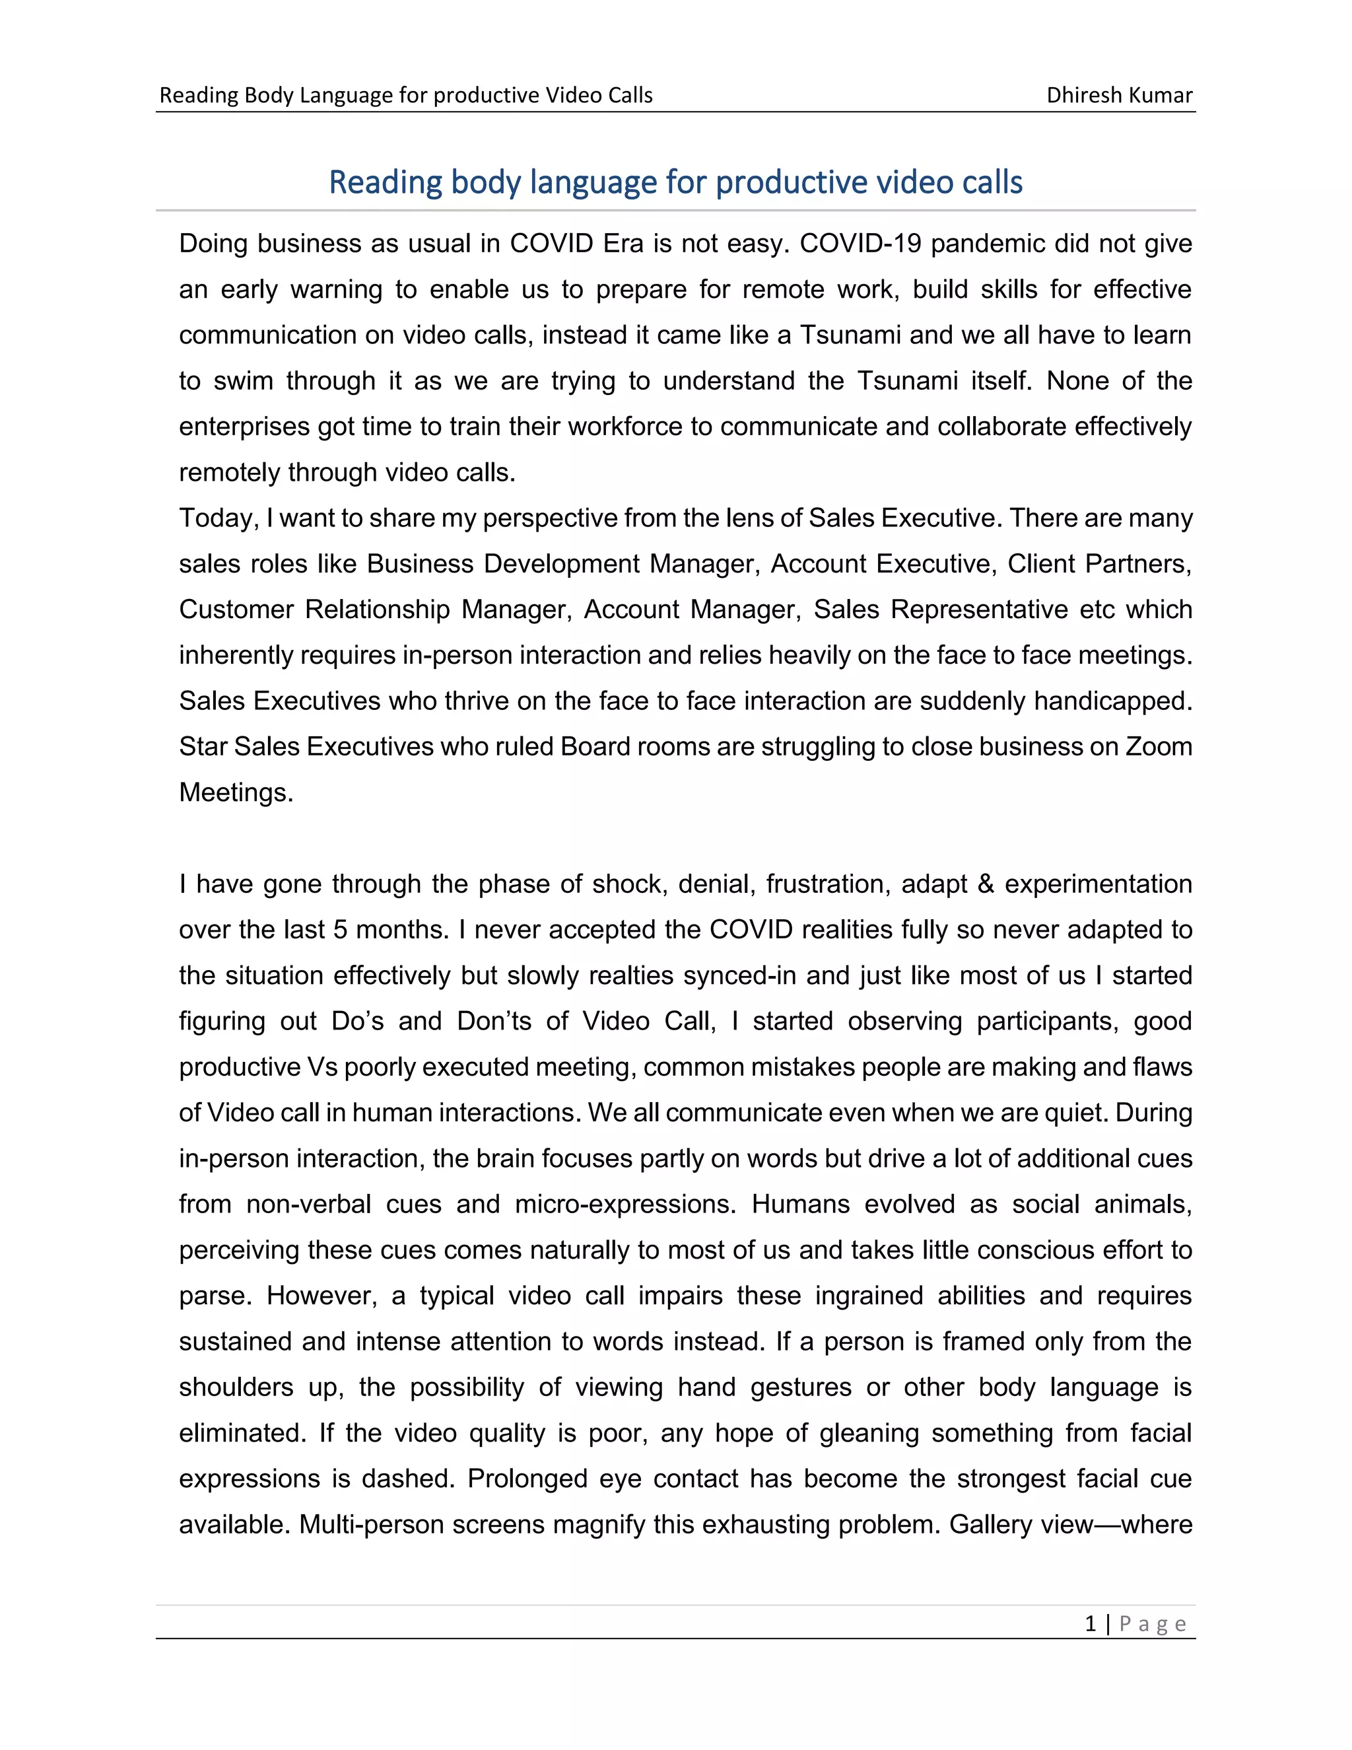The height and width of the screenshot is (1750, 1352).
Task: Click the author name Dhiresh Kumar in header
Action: [1119, 95]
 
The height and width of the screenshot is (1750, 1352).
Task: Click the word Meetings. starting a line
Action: [236, 792]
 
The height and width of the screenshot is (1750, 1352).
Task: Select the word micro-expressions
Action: [625, 1205]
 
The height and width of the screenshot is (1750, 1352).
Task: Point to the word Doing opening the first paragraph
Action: [213, 244]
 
